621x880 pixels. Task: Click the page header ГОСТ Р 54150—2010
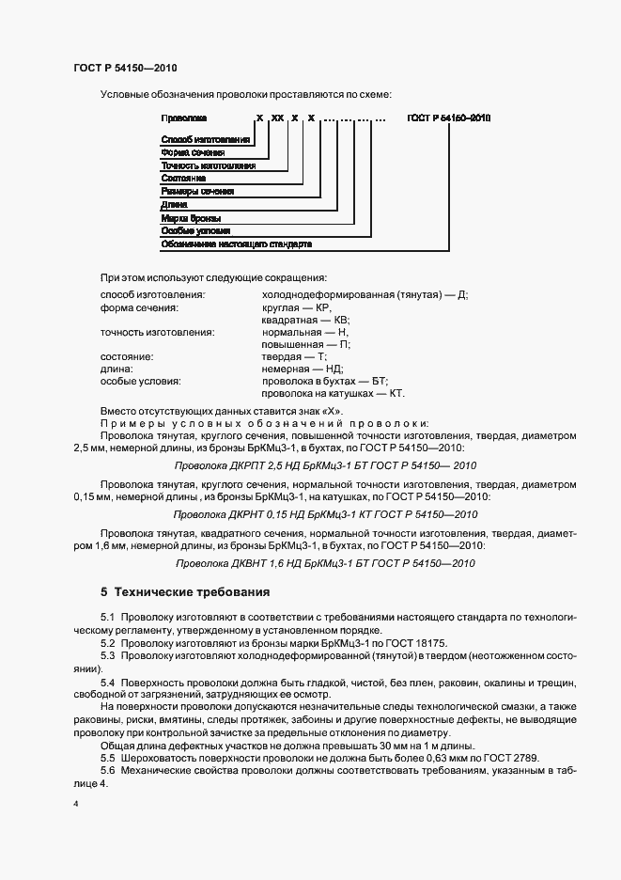click(124, 69)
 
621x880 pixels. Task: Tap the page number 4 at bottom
click(76, 805)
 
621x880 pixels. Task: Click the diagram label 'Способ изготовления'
click(205, 140)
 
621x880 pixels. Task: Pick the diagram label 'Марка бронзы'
click(191, 217)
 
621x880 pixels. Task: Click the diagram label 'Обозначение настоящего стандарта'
click(236, 244)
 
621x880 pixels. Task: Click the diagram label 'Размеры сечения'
click(198, 191)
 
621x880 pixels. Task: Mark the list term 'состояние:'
click(127, 357)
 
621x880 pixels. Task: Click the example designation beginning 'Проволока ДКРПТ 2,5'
click(326, 465)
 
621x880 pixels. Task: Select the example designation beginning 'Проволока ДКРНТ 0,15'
click(326, 514)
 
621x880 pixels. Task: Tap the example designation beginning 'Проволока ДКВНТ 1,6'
click(326, 563)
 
